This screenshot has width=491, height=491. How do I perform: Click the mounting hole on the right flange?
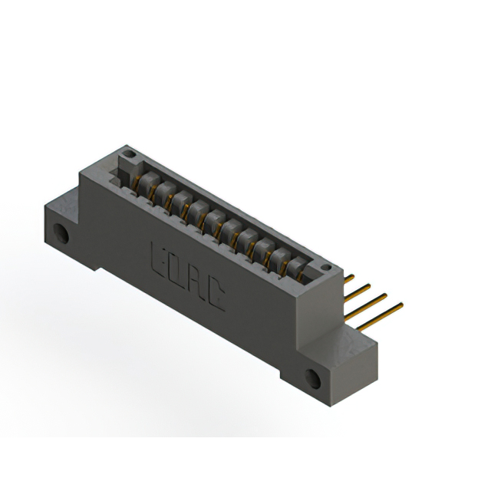[313, 377]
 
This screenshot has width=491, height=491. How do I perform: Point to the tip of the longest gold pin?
[401, 305]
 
